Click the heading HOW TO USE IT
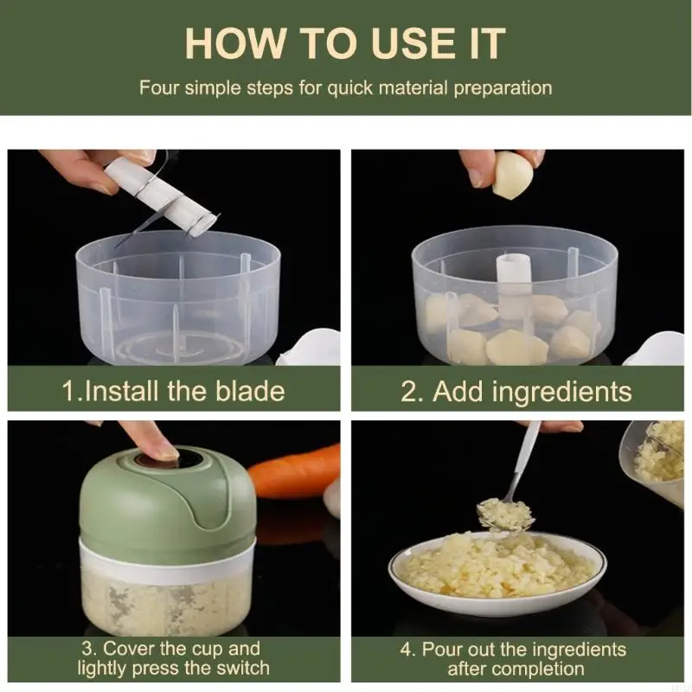tap(345, 43)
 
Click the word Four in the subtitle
tap(158, 87)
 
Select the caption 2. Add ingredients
tap(516, 391)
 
